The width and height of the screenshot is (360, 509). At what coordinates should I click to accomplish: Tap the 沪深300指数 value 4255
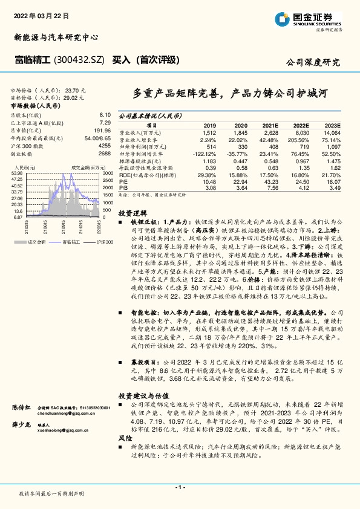point(104,146)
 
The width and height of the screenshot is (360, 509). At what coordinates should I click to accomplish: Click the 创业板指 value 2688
point(104,154)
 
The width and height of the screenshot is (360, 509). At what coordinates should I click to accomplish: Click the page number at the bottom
point(180,487)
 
